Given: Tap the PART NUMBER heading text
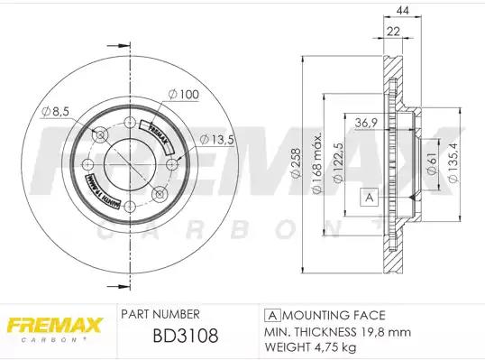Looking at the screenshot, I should pyautogui.click(x=160, y=314).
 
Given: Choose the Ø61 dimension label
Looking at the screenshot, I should pyautogui.click(x=432, y=163).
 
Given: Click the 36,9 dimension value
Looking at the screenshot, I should pyautogui.click(x=366, y=123).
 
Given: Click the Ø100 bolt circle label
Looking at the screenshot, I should pyautogui.click(x=182, y=94).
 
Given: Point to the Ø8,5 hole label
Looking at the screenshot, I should pyautogui.click(x=55, y=111).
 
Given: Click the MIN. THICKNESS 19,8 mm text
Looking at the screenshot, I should pyautogui.click(x=325, y=331).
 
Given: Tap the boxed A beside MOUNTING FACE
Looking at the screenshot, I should pyautogui.click(x=271, y=315).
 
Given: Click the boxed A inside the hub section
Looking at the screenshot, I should pyautogui.click(x=368, y=197).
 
